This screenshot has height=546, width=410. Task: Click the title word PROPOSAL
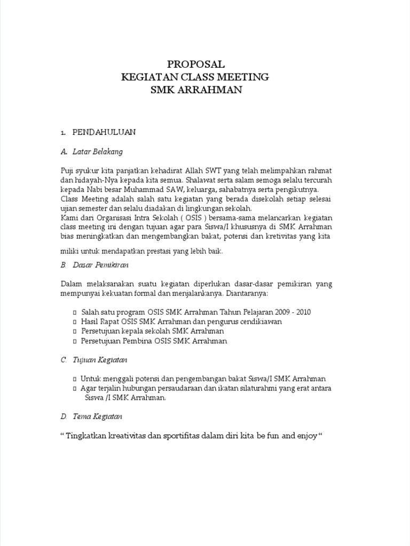click(195, 64)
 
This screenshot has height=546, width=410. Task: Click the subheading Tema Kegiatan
click(97, 416)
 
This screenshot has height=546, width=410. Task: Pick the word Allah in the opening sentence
click(196, 171)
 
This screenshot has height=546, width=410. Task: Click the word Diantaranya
click(247, 294)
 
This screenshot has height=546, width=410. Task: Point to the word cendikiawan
click(261, 322)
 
